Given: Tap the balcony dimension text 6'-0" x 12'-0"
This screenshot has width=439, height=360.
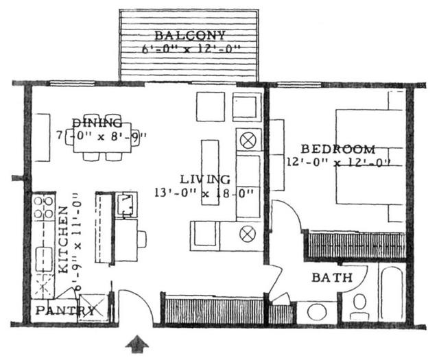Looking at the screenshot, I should (190, 49).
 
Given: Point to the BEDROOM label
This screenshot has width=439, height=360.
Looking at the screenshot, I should (338, 149).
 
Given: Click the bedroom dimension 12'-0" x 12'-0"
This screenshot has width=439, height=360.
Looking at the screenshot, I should (338, 163).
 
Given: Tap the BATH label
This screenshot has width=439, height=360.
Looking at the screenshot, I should (332, 278).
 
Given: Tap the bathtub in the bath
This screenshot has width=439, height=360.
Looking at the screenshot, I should (390, 293).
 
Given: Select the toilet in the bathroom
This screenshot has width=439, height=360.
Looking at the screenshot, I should (359, 307).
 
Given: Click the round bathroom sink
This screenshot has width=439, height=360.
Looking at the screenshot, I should (317, 312).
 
